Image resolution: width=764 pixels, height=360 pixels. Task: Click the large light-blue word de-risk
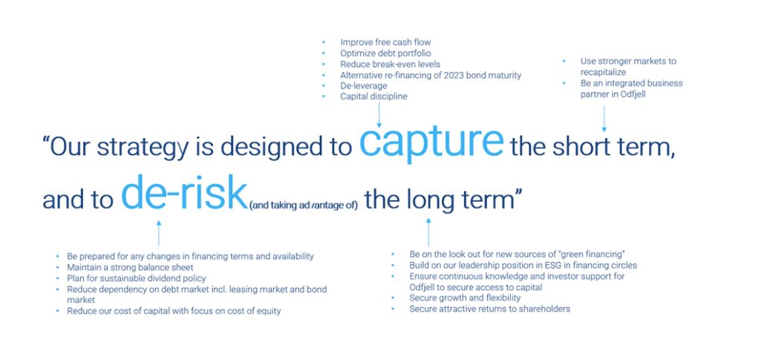tap(183, 193)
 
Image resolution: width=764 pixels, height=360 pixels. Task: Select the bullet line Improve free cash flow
tap(385, 42)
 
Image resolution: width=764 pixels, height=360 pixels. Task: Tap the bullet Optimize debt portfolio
tap(385, 53)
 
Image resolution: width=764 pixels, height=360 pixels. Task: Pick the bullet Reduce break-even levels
tap(390, 65)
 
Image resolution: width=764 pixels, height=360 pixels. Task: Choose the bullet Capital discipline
tap(373, 96)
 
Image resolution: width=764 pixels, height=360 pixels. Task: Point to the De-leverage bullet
tap(364, 86)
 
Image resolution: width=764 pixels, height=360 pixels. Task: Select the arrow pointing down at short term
tap(604, 119)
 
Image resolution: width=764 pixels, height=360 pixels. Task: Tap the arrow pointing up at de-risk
tap(158, 233)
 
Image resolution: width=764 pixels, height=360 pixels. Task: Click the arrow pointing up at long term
tap(428, 232)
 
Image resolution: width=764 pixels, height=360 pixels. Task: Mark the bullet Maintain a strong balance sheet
tap(130, 267)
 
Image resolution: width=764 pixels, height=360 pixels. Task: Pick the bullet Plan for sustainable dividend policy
tap(137, 278)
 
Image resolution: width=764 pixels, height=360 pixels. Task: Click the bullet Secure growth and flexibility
tap(465, 298)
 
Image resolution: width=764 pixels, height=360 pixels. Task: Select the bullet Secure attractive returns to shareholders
tap(490, 309)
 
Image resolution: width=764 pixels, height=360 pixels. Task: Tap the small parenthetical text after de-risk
tap(304, 206)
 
